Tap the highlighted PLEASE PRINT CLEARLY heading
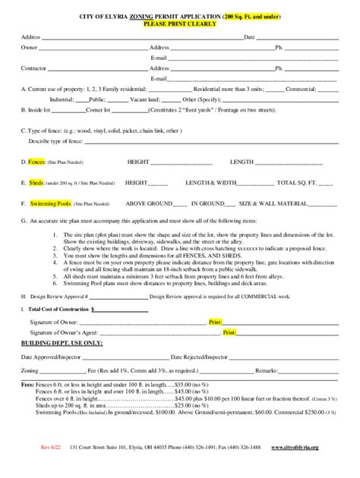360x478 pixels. [x=179, y=24]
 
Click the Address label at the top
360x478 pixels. [x=30, y=37]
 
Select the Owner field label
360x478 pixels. [x=29, y=47]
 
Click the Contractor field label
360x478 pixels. [x=33, y=68]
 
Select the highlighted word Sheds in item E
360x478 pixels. [x=36, y=183]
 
